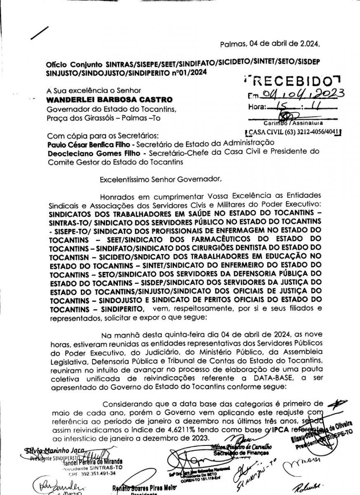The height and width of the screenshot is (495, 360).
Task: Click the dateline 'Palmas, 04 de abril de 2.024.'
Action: [x=270, y=43]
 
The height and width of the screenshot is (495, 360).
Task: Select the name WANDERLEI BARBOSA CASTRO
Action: [x=110, y=100]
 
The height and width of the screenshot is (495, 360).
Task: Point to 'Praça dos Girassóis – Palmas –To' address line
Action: [x=104, y=119]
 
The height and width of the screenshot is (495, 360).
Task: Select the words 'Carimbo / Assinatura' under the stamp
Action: [x=294, y=123]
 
